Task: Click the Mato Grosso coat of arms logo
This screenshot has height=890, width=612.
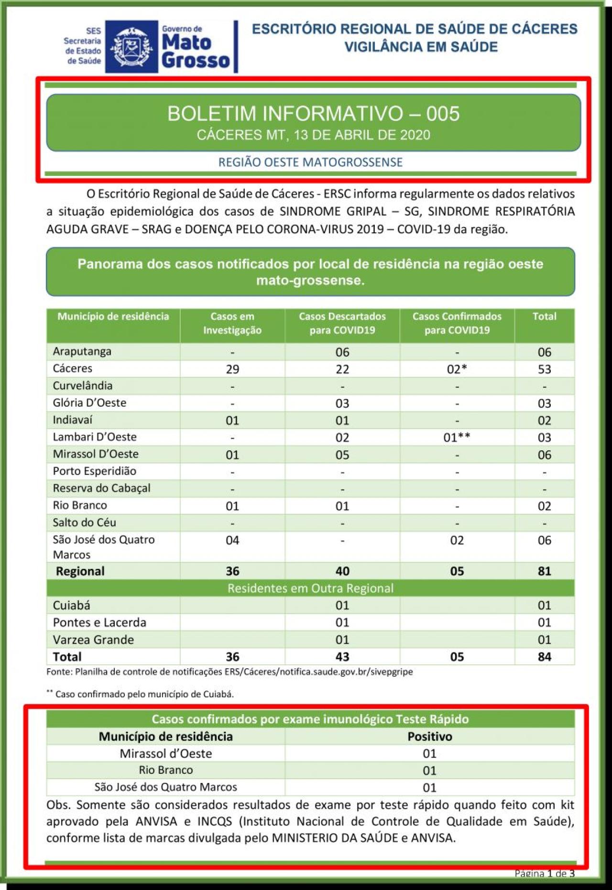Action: tap(131, 47)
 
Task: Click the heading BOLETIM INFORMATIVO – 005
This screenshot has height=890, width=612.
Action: tap(313, 114)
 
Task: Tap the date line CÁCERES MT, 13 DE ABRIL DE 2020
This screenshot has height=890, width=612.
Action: tap(313, 135)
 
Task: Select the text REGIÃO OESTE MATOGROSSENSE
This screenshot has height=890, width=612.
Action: tap(310, 162)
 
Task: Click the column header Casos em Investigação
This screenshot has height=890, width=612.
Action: tap(232, 323)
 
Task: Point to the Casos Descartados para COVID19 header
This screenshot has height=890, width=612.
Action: tap(342, 323)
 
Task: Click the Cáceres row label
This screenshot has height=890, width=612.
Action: tap(73, 369)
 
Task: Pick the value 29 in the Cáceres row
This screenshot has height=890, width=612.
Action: tap(232, 369)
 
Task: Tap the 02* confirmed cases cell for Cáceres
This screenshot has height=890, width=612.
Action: tap(457, 369)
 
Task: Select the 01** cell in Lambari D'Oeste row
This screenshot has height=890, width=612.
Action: tap(457, 437)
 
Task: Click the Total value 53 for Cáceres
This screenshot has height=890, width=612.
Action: tap(544, 369)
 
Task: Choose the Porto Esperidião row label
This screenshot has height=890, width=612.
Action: tap(95, 471)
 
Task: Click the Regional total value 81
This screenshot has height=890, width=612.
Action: tap(544, 571)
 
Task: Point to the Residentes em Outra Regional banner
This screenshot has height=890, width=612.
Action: tap(310, 588)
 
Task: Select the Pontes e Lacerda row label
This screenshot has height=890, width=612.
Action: tap(99, 622)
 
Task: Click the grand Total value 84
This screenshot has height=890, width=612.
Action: tap(544, 657)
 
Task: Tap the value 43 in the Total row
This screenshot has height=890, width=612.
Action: tap(342, 657)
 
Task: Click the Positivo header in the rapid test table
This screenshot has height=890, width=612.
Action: tap(429, 737)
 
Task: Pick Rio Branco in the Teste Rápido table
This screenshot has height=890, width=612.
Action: tap(166, 770)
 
